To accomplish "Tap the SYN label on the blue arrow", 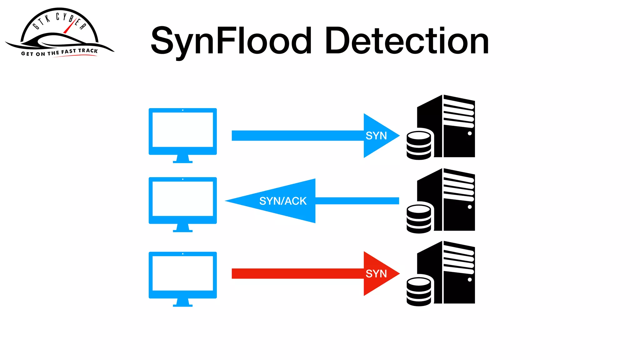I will [x=376, y=136].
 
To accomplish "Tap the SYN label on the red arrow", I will [x=376, y=273].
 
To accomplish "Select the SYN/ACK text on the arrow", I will [x=283, y=201].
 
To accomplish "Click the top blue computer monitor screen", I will [x=182, y=130].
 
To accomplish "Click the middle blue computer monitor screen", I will [x=182, y=199].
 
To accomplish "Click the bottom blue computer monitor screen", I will [x=182, y=273].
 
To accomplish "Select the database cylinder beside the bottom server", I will [x=419, y=292].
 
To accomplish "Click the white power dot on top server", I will [x=469, y=133].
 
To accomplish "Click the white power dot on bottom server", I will [x=469, y=280].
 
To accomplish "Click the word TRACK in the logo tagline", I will [x=88, y=51].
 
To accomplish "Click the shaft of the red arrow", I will [x=297, y=273].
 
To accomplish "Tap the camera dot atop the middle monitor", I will [x=182, y=179].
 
